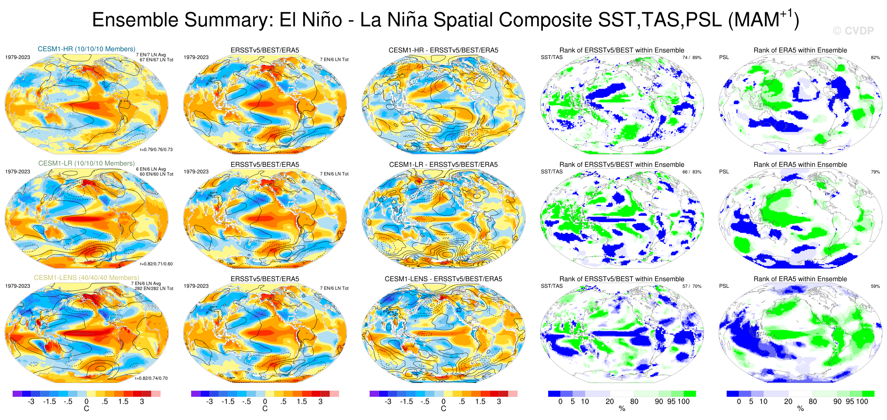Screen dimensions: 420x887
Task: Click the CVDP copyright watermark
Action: (853, 31)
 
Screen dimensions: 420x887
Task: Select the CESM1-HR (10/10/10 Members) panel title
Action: (86, 49)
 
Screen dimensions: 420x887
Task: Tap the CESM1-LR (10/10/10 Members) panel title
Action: (86, 163)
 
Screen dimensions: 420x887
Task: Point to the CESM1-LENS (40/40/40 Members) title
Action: (86, 278)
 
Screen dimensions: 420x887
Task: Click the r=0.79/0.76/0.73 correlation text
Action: (156, 150)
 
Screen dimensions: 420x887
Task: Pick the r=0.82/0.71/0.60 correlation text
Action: (156, 264)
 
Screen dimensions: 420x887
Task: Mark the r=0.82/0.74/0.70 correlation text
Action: (151, 378)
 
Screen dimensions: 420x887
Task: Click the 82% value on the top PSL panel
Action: (875, 57)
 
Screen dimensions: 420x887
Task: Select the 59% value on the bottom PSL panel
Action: (875, 286)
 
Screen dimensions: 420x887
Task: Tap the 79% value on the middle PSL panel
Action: (875, 172)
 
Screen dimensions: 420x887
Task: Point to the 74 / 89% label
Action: (692, 57)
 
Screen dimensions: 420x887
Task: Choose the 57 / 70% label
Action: (692, 286)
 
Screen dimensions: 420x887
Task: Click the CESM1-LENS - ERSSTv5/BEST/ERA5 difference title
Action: (443, 279)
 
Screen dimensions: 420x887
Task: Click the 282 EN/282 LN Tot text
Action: (154, 288)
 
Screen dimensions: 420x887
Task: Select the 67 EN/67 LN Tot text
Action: (156, 60)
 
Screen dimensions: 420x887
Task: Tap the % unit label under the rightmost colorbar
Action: (801, 409)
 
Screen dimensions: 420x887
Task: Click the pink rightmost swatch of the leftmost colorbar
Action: (156, 394)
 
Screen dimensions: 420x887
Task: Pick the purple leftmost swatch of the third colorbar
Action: (374, 394)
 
